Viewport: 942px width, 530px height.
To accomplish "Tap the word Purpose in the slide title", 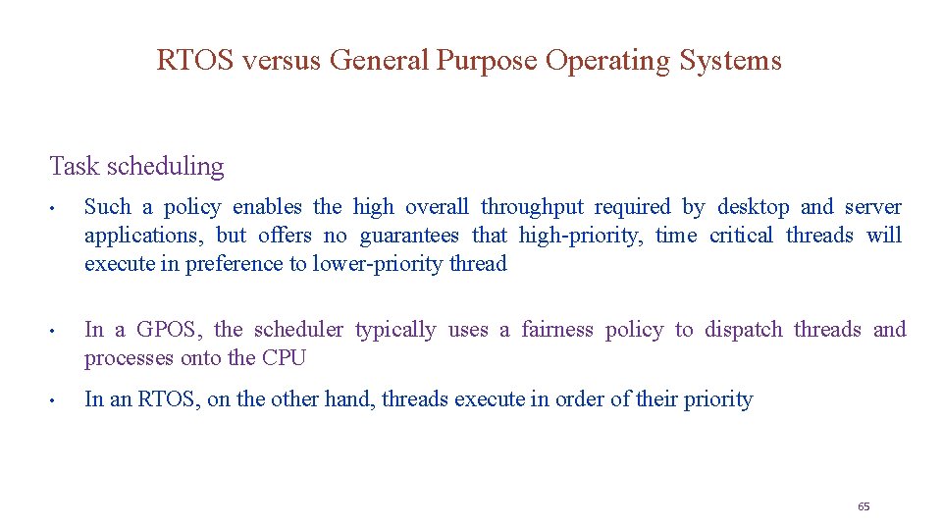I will tap(487, 61).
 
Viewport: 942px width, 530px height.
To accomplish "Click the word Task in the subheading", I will tap(75, 167).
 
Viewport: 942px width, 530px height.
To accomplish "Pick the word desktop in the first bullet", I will tap(753, 207).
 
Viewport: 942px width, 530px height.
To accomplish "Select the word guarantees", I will tap(409, 236).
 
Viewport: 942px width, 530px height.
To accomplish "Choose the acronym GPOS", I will tap(167, 330).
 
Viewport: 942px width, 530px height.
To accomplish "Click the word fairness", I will tap(557, 330).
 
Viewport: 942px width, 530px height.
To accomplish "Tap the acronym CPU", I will tap(284, 358).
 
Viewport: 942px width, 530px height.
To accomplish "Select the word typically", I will tap(395, 330).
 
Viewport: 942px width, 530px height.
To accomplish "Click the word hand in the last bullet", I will tap(347, 399).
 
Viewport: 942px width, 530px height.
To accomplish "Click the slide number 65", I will tap(863, 506).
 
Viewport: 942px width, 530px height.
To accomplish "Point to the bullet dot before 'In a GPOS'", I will tap(60, 331).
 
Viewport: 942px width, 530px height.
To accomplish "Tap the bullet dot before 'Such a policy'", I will tap(60, 208).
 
